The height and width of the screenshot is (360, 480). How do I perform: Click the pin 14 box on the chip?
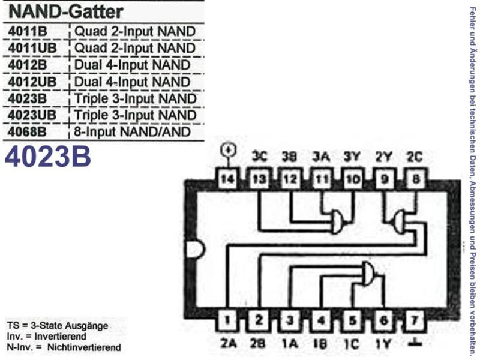(227, 179)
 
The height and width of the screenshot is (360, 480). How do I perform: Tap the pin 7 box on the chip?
(415, 320)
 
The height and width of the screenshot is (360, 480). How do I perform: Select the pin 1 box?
(227, 320)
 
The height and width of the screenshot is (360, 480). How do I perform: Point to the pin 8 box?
(415, 179)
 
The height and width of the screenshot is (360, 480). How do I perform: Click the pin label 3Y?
(352, 157)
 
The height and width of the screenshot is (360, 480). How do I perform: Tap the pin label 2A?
(228, 343)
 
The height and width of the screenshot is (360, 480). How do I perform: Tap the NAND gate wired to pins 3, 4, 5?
(368, 274)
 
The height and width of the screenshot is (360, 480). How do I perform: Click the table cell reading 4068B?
(27, 132)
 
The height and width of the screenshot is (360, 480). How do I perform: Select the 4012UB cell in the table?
(32, 82)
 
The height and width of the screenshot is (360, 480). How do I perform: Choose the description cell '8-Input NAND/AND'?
(132, 132)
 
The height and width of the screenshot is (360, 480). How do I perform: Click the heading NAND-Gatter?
(66, 11)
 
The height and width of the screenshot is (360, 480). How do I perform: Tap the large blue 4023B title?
(48, 157)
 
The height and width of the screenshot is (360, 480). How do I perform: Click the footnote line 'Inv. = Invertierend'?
(47, 337)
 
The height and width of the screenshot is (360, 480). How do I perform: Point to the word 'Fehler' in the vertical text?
(473, 17)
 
